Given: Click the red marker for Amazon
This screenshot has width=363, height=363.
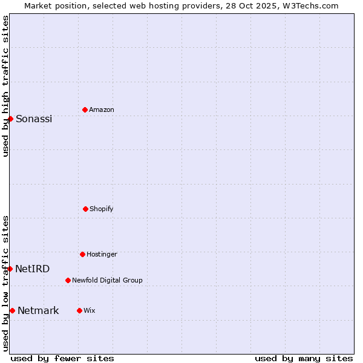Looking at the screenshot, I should point(85,110).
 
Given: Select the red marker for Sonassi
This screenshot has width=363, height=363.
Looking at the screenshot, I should point(10,119).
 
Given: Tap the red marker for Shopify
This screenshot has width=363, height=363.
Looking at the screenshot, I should point(85,209).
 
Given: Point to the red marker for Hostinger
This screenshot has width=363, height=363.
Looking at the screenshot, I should point(82,254).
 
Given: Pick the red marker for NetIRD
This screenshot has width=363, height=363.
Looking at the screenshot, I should point(10,269).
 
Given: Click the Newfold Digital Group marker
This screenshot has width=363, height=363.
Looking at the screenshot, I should point(68,280).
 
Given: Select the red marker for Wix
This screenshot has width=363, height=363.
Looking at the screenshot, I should point(79,310).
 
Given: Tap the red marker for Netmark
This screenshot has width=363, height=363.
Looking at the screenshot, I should point(12,310).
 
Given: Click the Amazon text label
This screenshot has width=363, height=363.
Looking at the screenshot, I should point(102,110).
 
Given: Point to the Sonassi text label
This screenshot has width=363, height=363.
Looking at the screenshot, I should point(34,119).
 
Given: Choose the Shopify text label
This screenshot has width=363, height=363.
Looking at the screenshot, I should point(102,209).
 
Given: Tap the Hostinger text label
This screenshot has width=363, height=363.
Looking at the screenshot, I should point(102,254).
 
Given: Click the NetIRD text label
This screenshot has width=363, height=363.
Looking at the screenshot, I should point(33,269).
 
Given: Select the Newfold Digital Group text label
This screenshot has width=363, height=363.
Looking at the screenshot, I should point(107,280).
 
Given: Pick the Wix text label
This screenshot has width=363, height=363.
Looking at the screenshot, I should point(90,310).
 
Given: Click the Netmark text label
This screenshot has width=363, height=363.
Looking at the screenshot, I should point(38,310).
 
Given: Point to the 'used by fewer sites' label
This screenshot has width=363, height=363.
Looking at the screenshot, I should point(62,358).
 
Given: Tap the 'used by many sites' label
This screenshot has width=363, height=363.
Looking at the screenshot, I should point(304,358).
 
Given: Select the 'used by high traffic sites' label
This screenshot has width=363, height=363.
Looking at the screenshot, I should point(5,87).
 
